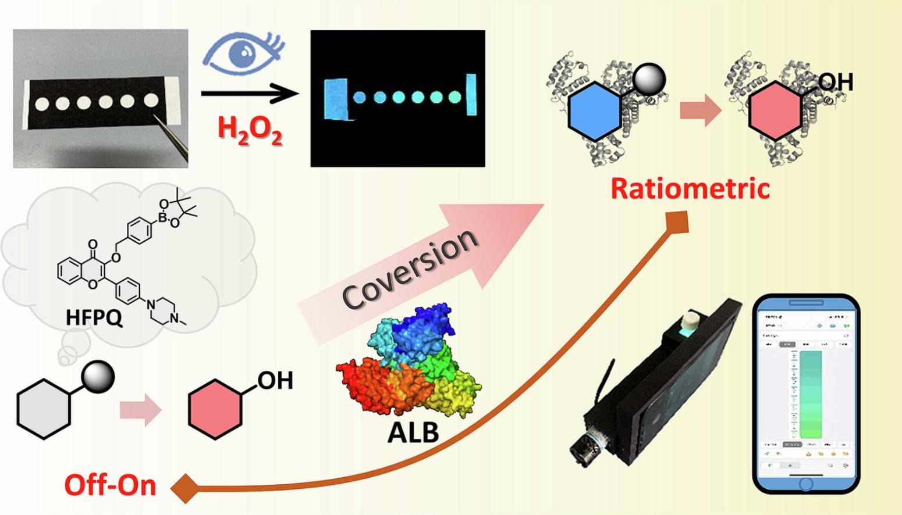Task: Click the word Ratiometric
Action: pos(690,188)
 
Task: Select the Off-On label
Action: pos(110,485)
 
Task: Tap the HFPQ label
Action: pos(94,317)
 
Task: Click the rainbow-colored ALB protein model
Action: pos(411,366)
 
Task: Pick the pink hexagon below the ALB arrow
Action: pos(215,409)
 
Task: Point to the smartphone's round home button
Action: pos(806,484)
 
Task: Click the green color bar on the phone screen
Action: pos(811,395)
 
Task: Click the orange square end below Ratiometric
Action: pos(677,221)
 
